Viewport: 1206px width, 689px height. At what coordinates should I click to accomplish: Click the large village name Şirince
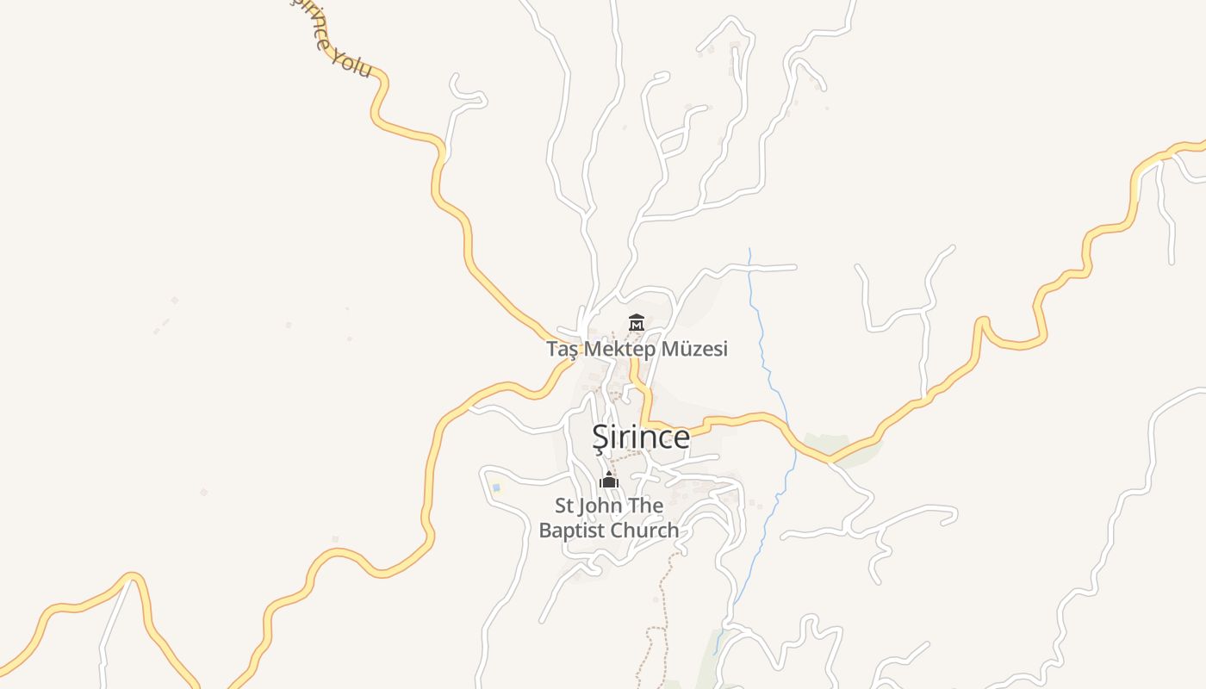tap(641, 438)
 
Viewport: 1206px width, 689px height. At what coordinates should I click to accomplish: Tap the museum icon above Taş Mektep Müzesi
tap(637, 323)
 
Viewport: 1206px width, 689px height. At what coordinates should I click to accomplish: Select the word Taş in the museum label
tap(562, 349)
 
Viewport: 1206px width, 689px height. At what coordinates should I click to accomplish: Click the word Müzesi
tap(695, 349)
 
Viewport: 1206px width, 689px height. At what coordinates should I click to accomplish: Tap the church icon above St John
tap(609, 481)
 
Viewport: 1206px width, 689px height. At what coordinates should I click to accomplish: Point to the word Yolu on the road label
tap(352, 63)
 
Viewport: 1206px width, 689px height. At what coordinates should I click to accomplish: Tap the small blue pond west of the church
tap(496, 487)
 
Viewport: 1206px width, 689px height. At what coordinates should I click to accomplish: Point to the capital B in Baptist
tap(545, 531)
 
